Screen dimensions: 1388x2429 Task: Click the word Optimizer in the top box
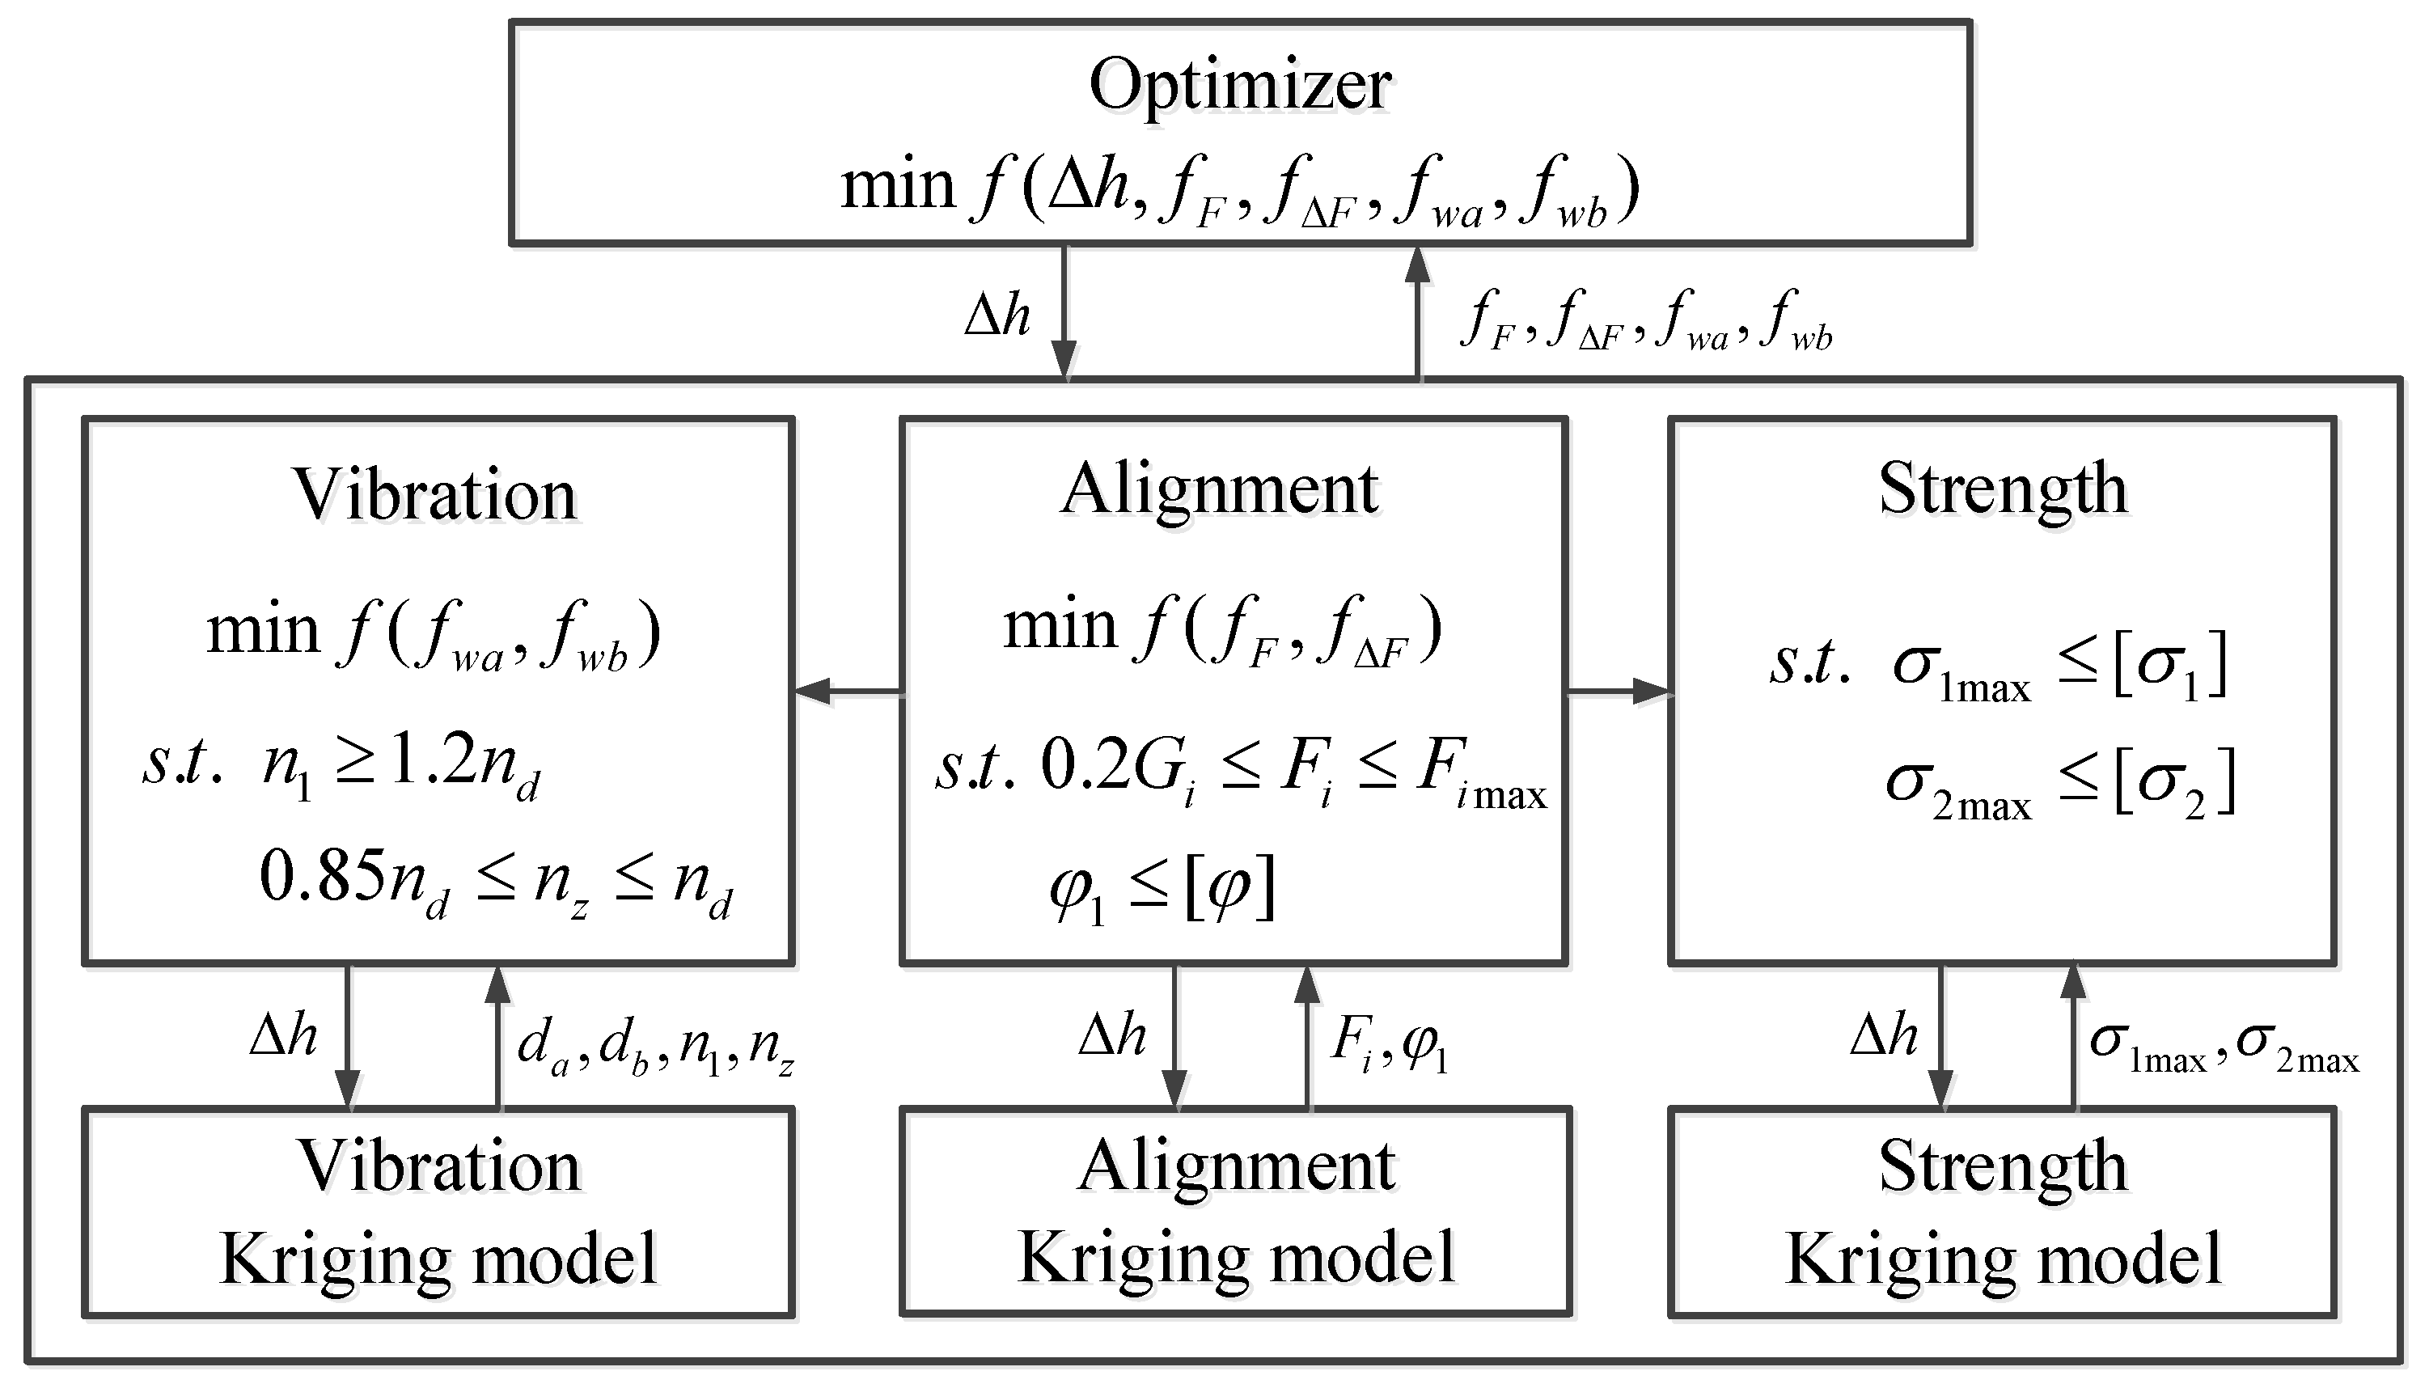tap(1239, 86)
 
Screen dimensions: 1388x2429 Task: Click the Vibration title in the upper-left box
tap(436, 495)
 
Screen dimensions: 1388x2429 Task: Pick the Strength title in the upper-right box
tap(2003, 488)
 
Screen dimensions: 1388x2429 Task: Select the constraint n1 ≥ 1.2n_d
tap(400, 768)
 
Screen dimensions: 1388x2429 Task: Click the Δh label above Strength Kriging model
tap(1884, 1035)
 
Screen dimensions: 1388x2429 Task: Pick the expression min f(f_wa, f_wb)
tap(434, 634)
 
